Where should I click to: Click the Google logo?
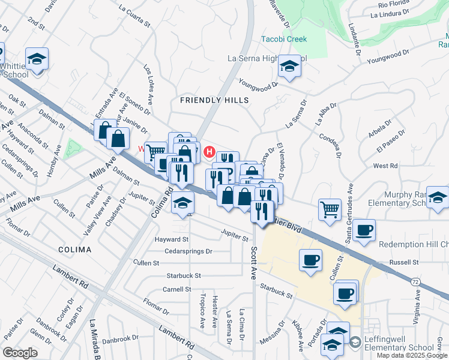(x=20, y=353)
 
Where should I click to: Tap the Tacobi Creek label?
(x=284, y=40)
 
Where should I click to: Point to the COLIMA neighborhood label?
(x=75, y=249)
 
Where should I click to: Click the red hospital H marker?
(x=209, y=151)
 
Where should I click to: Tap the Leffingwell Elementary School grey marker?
(x=355, y=342)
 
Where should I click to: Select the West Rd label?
(x=385, y=166)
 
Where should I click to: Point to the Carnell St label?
(x=176, y=289)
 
